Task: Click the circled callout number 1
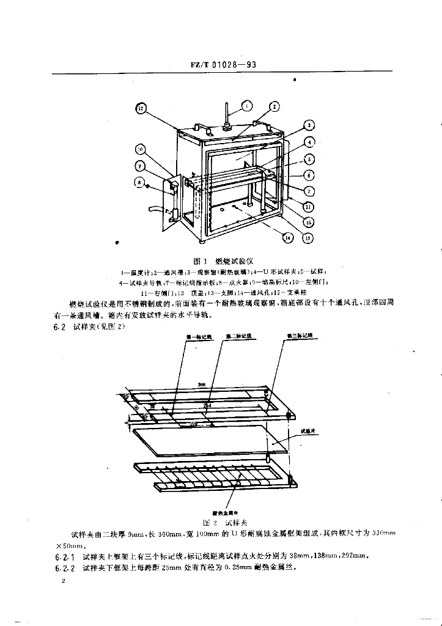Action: pyautogui.click(x=248, y=106)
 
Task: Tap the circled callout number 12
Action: pyautogui.click(x=141, y=109)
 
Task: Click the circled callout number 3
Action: pyautogui.click(x=309, y=125)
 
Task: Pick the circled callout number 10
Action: pyautogui.click(x=140, y=149)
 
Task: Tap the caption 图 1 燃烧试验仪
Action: pyautogui.click(x=221, y=259)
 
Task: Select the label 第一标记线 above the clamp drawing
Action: pyautogui.click(x=194, y=337)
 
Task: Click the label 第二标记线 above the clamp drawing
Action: pyautogui.click(x=237, y=336)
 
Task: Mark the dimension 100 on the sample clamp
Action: pyautogui.click(x=194, y=422)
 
